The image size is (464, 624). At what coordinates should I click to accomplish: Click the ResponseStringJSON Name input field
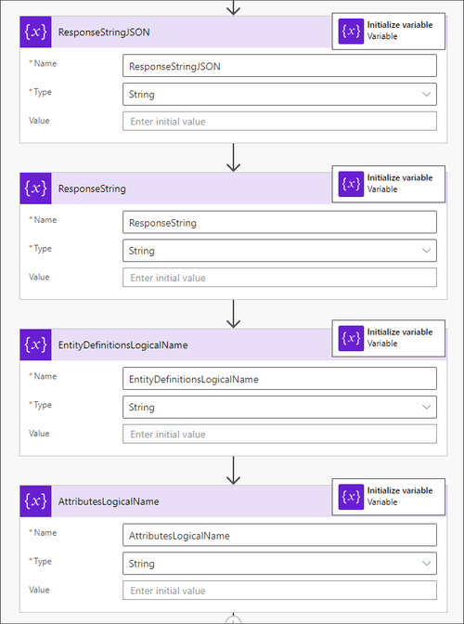click(x=278, y=66)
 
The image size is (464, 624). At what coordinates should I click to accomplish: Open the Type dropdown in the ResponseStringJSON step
click(x=278, y=94)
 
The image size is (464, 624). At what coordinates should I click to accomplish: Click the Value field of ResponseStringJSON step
click(x=278, y=122)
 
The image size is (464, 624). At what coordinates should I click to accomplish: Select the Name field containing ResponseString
click(x=278, y=222)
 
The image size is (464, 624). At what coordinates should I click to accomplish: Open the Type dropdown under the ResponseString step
click(x=278, y=250)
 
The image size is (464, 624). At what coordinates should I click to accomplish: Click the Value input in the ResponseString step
click(x=278, y=278)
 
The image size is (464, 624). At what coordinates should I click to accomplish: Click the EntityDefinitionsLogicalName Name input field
click(x=278, y=379)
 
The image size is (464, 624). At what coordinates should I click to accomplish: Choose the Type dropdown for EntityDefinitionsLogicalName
click(x=278, y=407)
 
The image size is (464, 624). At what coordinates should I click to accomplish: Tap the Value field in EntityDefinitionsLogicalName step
click(x=278, y=434)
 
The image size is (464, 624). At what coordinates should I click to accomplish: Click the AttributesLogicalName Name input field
click(x=278, y=535)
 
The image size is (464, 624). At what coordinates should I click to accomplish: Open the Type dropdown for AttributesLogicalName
click(x=278, y=563)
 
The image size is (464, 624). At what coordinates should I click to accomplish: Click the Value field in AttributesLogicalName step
click(x=278, y=591)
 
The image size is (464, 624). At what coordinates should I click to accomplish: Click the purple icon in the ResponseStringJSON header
click(x=35, y=32)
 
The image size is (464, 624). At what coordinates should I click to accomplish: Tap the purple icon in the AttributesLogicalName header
click(x=35, y=500)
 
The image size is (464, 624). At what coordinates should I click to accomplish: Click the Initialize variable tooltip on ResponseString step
click(x=388, y=183)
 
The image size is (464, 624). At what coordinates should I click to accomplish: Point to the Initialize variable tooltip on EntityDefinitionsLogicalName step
click(x=388, y=338)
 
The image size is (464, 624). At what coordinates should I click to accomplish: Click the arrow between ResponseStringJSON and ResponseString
click(x=233, y=157)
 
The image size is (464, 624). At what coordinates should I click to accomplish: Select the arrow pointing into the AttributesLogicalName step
click(x=233, y=470)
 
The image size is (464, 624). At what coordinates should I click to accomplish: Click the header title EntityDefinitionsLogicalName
click(x=122, y=344)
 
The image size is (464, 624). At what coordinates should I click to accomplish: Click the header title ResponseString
click(x=92, y=188)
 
